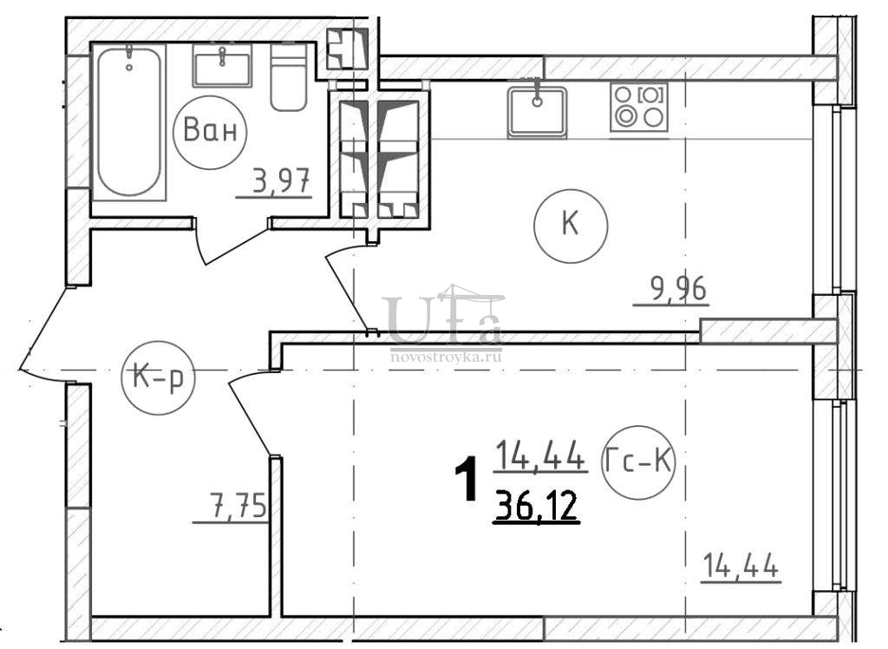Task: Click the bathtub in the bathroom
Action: pyautogui.click(x=129, y=121)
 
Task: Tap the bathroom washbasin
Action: pyautogui.click(x=222, y=66)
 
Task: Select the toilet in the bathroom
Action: pyautogui.click(x=288, y=77)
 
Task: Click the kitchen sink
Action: pyautogui.click(x=537, y=112)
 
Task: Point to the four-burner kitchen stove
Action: pyautogui.click(x=639, y=107)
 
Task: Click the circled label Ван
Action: pyautogui.click(x=210, y=132)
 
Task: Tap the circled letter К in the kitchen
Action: pyautogui.click(x=571, y=226)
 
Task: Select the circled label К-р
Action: pyautogui.click(x=158, y=377)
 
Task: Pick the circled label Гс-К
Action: pyautogui.click(x=638, y=462)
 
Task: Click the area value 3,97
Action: pyautogui.click(x=281, y=182)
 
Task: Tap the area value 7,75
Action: pyautogui.click(x=238, y=506)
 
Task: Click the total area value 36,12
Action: pyautogui.click(x=536, y=506)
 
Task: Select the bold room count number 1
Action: pyautogui.click(x=467, y=482)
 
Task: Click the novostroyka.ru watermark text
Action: pyautogui.click(x=446, y=357)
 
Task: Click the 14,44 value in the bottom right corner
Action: pyautogui.click(x=741, y=566)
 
